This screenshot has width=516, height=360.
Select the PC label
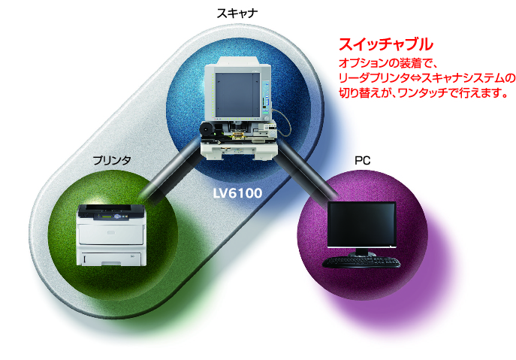(x=362, y=160)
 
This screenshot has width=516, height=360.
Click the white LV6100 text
(x=237, y=193)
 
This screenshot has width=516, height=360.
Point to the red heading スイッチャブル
(x=385, y=44)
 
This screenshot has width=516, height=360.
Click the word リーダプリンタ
(x=373, y=78)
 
